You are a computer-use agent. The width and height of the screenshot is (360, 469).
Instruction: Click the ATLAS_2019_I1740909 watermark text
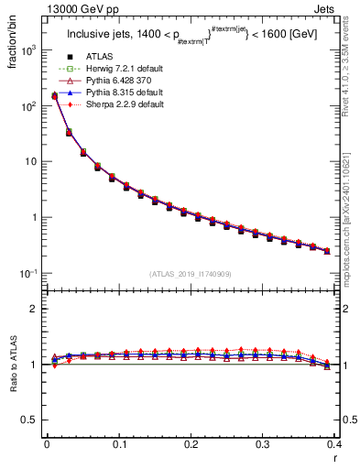(191, 274)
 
